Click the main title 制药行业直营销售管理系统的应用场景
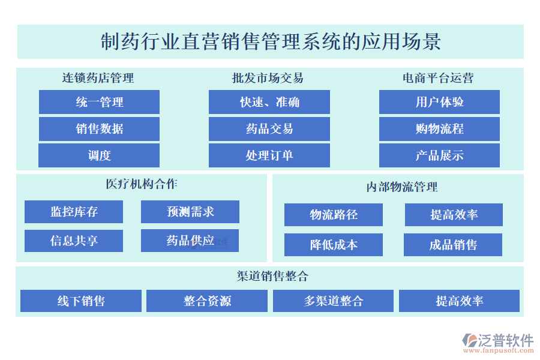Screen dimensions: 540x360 pyautogui.click(x=271, y=41)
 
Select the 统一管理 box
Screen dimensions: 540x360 pyautogui.click(x=99, y=102)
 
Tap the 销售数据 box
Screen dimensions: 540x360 pyautogui.click(x=99, y=129)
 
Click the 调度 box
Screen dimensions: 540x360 pyautogui.click(x=99, y=155)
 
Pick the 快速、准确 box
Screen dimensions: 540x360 pyautogui.click(x=269, y=102)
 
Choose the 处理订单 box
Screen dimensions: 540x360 pyautogui.click(x=269, y=155)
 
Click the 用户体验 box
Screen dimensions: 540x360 pyautogui.click(x=439, y=102)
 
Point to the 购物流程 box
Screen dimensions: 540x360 pyautogui.click(x=439, y=129)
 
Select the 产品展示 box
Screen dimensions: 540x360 pyautogui.click(x=439, y=155)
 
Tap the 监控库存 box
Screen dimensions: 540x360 pyautogui.click(x=74, y=212)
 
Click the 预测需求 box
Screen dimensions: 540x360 pyautogui.click(x=190, y=212)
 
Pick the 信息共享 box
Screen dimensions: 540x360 pyautogui.click(x=74, y=241)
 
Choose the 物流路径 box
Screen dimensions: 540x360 pyautogui.click(x=334, y=215)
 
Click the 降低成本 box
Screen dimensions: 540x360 pyautogui.click(x=334, y=245)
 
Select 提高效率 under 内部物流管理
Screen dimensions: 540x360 pyautogui.click(x=454, y=215)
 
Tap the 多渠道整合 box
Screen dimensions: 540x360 pyautogui.click(x=334, y=301)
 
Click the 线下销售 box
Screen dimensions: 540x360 pyautogui.click(x=81, y=301)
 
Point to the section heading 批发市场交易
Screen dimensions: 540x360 pyautogui.click(x=268, y=78)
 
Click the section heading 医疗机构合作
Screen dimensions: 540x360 pyautogui.click(x=142, y=184)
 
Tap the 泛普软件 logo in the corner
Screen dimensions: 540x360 pyautogui.click(x=498, y=343)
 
